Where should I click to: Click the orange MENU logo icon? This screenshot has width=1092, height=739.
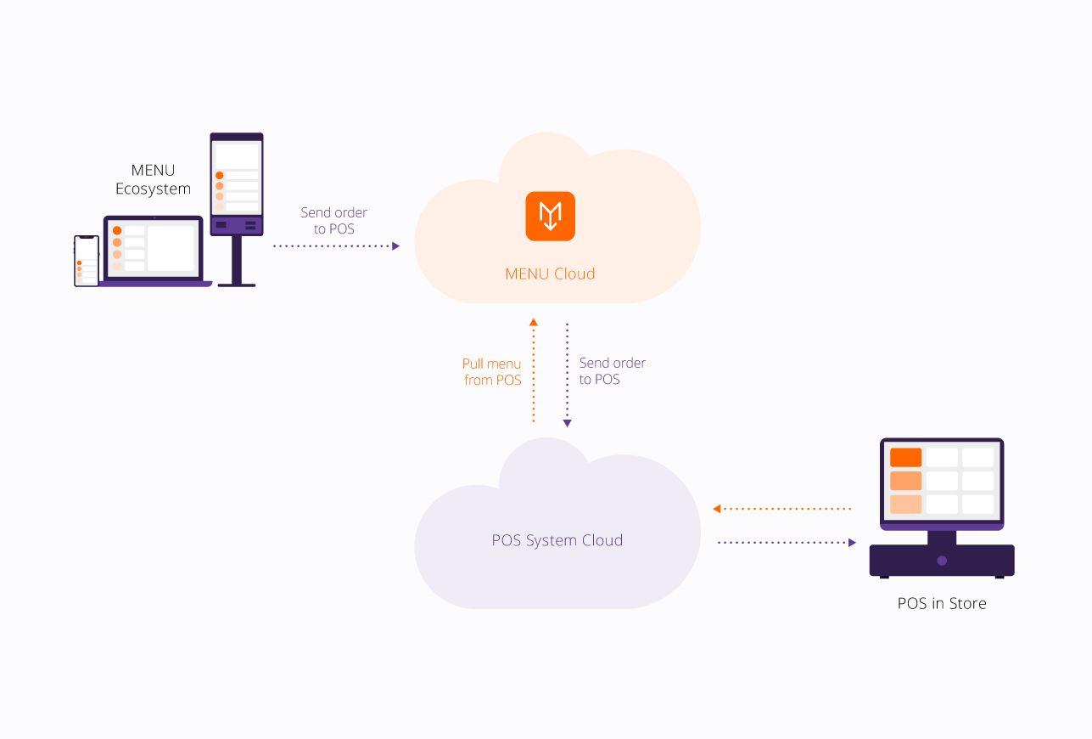tap(550, 216)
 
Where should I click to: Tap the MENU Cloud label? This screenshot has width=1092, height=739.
tap(550, 274)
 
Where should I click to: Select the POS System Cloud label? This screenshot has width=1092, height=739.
tap(557, 540)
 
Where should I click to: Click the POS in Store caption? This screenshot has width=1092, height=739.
tap(942, 604)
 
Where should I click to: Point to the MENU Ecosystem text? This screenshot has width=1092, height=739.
tap(153, 180)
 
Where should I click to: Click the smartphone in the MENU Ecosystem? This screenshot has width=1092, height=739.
tap(87, 261)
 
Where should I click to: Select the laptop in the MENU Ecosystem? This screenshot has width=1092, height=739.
tap(154, 251)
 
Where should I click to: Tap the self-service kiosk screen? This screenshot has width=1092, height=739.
tap(237, 178)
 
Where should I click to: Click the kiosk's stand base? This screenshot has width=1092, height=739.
tap(237, 283)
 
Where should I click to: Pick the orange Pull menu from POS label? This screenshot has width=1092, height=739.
tap(492, 372)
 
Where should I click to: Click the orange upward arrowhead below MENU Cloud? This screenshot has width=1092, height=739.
tap(534, 322)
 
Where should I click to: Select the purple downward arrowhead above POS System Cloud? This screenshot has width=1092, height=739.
tap(567, 422)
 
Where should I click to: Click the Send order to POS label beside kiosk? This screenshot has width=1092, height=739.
tap(334, 221)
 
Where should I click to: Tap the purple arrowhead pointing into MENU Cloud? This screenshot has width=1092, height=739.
tap(395, 245)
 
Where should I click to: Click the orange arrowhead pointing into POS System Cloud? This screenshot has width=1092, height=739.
tap(717, 509)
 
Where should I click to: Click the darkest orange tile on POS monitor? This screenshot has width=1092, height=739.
tap(905, 458)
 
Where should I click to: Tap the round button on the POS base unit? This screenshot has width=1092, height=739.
tap(942, 561)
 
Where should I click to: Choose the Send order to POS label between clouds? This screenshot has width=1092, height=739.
tap(612, 371)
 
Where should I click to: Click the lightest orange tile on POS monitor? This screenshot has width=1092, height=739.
tap(905, 504)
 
